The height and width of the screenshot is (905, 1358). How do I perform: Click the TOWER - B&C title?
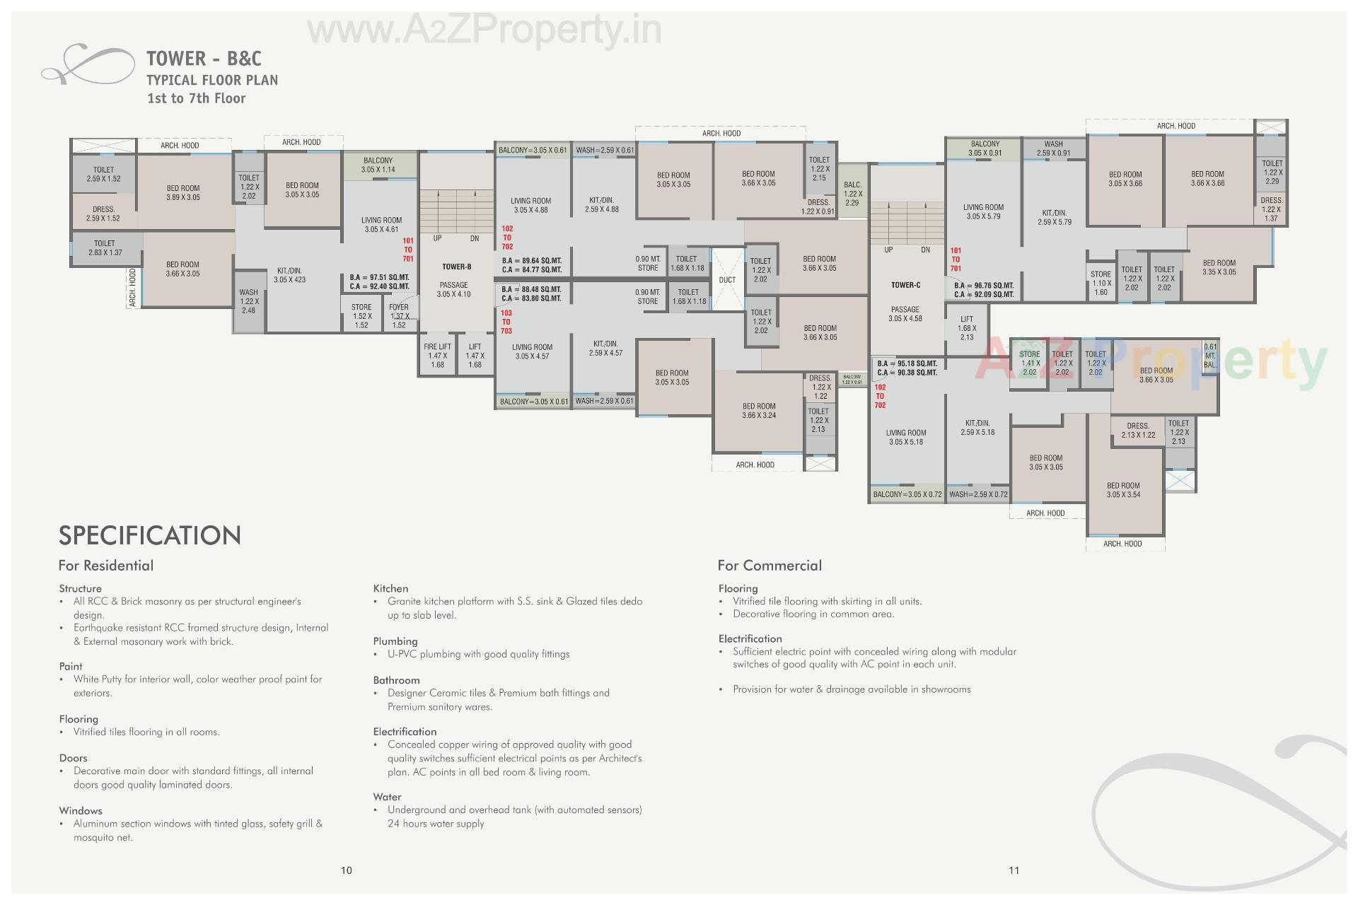pos(204,59)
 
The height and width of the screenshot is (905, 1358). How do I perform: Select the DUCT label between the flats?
pos(727,280)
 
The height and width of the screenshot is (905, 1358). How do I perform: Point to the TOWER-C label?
pos(905,285)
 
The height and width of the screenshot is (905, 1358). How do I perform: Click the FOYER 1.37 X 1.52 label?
pos(399,316)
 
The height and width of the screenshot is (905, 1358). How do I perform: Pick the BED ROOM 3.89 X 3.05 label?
pos(183,193)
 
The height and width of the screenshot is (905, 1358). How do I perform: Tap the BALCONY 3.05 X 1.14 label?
pos(378,165)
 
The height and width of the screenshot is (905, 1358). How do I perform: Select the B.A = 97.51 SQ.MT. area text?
pos(379,278)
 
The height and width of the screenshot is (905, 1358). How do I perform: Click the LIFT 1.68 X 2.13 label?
pos(967,328)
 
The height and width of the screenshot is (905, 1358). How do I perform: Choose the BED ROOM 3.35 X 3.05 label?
pos(1219,267)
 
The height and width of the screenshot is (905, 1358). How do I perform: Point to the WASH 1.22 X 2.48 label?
pos(248,301)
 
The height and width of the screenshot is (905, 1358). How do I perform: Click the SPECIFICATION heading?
pos(150,535)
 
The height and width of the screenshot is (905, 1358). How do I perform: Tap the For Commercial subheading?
pos(770,566)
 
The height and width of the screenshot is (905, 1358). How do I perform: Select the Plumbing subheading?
pos(395,641)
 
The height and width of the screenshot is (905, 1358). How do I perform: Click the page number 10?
pos(347,870)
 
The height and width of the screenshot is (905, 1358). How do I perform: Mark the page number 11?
pos(1014,870)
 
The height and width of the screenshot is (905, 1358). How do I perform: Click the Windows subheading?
pos(81,811)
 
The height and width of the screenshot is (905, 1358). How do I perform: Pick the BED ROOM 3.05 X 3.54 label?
pos(1123,490)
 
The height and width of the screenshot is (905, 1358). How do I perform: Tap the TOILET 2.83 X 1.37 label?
pos(105,248)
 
